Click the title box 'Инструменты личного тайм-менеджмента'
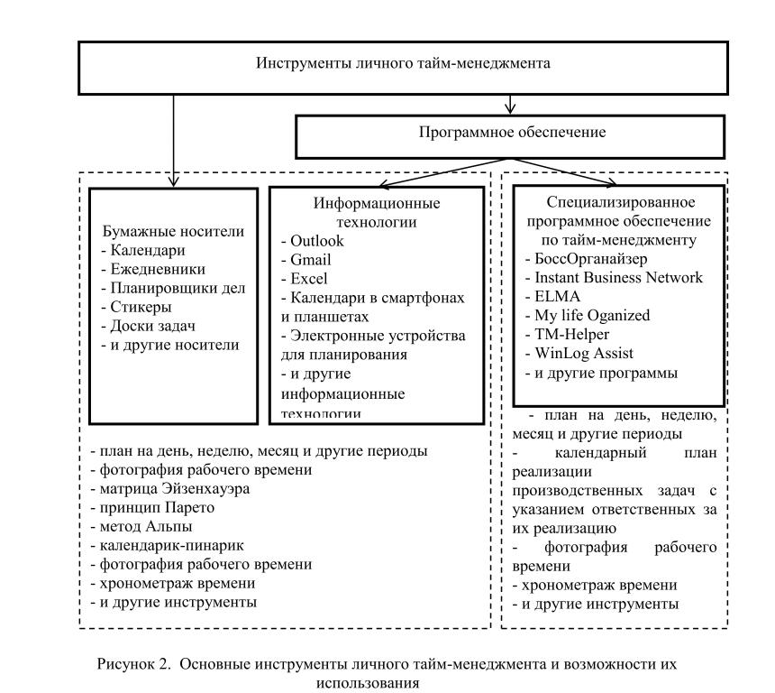402,64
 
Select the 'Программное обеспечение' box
511,132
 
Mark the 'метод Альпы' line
147,527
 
